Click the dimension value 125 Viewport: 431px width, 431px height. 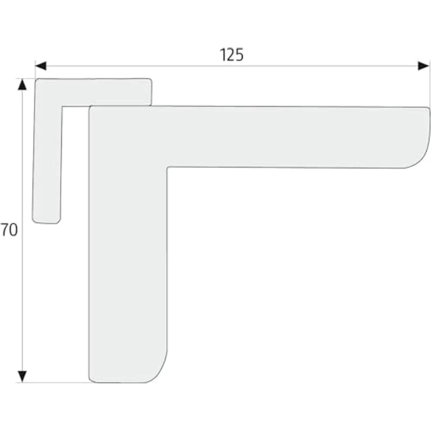232,54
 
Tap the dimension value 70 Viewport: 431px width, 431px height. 9,230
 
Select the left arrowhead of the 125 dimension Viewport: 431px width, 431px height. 40,66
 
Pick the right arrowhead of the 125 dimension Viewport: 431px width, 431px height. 423,66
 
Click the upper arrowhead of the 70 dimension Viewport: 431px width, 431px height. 22,84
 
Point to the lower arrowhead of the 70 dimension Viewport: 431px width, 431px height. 22,377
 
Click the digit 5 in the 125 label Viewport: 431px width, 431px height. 239,55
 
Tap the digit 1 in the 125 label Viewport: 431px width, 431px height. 223,54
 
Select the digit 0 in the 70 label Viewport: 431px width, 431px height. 13,230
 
